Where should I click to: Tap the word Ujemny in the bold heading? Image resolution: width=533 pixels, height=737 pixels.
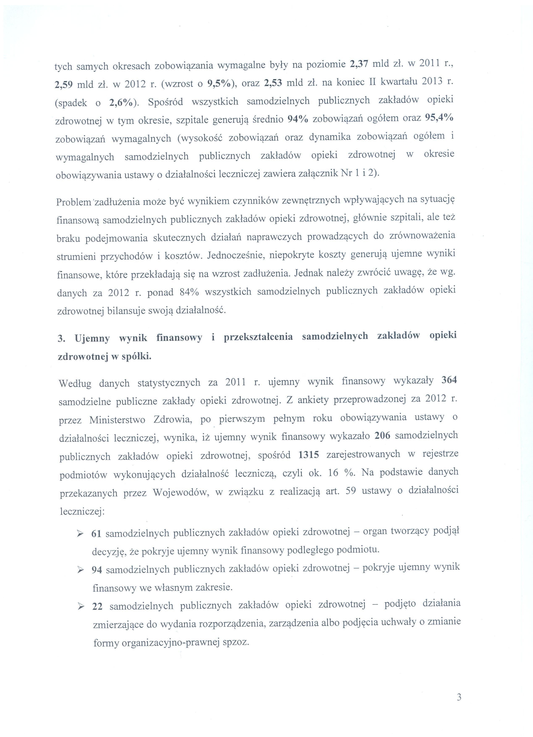point(92,338)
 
